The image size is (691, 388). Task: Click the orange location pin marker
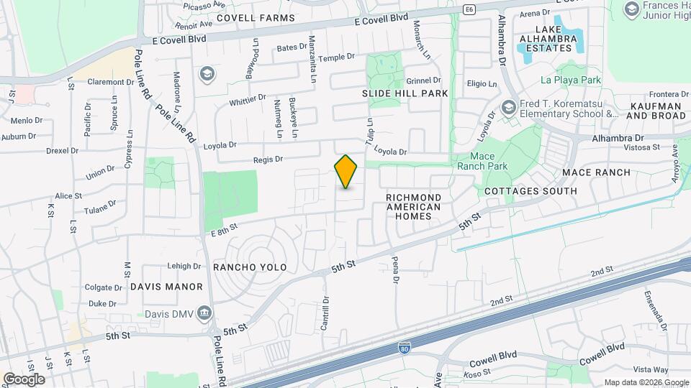pyautogui.click(x=346, y=171)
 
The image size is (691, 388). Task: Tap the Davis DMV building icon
pyautogui.click(x=204, y=313)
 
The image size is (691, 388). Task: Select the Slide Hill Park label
pyautogui.click(x=405, y=93)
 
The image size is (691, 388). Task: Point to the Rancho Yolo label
pyautogui.click(x=250, y=267)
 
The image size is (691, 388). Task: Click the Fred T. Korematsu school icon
pyautogui.click(x=510, y=108)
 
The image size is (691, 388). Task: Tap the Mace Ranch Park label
pyautogui.click(x=482, y=161)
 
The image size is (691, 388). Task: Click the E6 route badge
pyautogui.click(x=469, y=9)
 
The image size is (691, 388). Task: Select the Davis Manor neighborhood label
pyautogui.click(x=167, y=287)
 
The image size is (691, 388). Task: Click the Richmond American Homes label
pyautogui.click(x=414, y=206)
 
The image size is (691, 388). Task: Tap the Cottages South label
pyautogui.click(x=530, y=191)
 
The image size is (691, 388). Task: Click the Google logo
pyautogui.click(x=24, y=379)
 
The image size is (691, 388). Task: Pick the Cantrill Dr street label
pyautogui.click(x=325, y=314)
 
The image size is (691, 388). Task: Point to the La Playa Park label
pyautogui.click(x=571, y=80)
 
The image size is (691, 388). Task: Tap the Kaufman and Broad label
pyautogui.click(x=657, y=111)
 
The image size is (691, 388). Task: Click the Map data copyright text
pyautogui.click(x=646, y=382)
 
